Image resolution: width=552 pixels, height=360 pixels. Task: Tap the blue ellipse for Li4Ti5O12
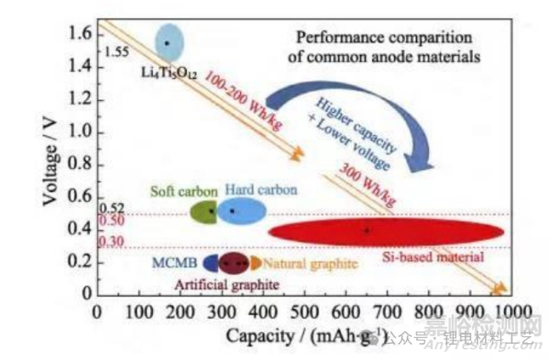167,42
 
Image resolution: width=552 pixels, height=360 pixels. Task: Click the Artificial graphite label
217,283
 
